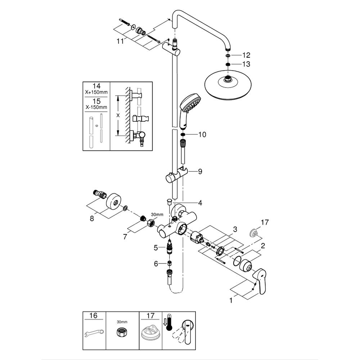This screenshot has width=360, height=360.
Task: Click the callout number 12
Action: [246, 55]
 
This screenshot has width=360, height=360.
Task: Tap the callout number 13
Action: [246, 64]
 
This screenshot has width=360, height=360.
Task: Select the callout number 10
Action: [202, 135]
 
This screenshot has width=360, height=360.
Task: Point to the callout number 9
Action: [200, 172]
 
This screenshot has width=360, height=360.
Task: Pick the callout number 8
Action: [92, 218]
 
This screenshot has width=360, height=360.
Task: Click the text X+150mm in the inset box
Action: [96, 93]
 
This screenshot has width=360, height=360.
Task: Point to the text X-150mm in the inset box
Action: [96, 107]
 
